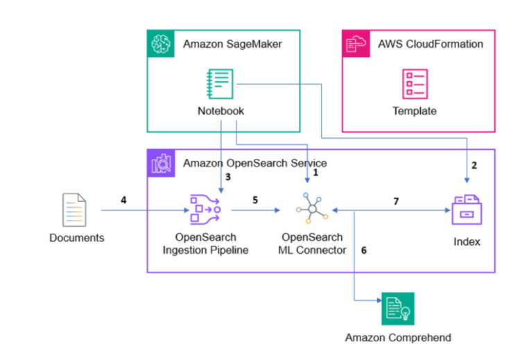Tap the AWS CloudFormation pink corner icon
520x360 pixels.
click(355, 43)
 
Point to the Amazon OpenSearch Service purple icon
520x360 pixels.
click(160, 162)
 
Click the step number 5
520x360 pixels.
click(254, 200)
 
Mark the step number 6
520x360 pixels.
click(363, 249)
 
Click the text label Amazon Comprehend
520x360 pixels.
click(398, 338)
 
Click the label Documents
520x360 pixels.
click(76, 238)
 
